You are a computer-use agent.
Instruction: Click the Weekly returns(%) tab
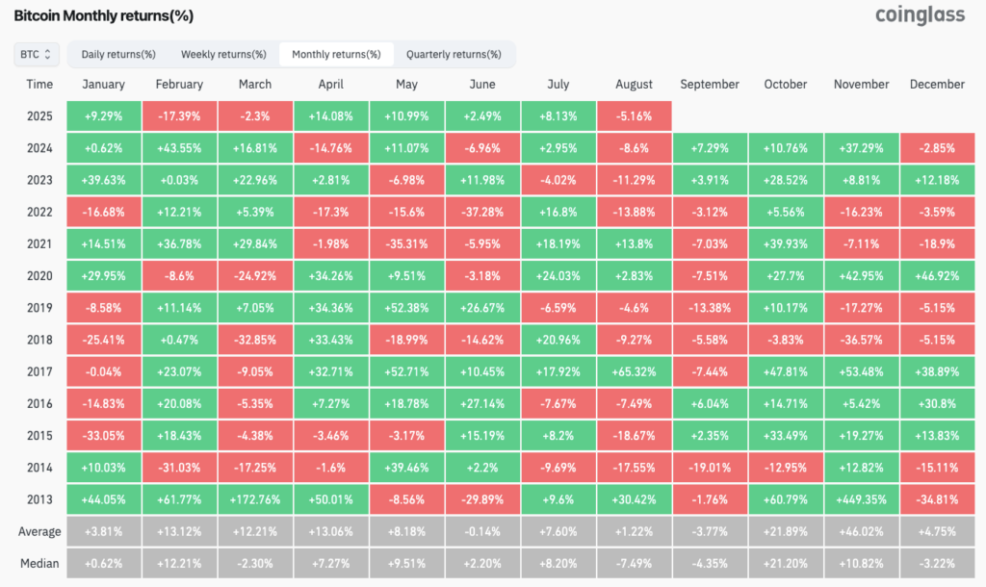click(223, 55)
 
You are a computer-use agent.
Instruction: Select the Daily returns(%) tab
click(118, 55)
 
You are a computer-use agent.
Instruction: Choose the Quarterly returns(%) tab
click(454, 55)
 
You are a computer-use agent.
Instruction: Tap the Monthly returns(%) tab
click(336, 55)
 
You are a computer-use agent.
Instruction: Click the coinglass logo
click(921, 15)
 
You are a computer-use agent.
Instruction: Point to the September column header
click(710, 85)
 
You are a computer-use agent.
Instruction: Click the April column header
click(331, 85)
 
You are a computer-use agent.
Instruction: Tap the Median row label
click(39, 564)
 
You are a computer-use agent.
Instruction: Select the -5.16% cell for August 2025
click(634, 116)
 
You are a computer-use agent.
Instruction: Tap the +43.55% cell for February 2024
click(179, 148)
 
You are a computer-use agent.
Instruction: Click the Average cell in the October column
click(786, 532)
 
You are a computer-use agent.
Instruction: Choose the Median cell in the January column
click(104, 564)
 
